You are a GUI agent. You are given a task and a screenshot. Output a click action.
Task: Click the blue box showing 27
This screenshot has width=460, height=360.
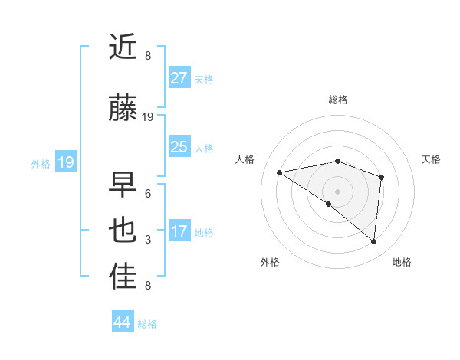coord(179,78)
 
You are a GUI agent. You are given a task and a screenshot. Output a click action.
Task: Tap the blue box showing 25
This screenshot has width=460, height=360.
coord(179,147)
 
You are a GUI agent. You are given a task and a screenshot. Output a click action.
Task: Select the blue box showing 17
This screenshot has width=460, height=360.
coord(179,231)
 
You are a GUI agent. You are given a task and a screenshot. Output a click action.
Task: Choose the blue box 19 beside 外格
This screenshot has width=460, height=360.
coord(65,162)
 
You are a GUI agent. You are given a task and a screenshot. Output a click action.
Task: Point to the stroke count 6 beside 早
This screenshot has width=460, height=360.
coord(147,193)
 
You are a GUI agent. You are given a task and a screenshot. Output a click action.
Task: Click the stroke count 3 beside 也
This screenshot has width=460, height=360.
coord(147,240)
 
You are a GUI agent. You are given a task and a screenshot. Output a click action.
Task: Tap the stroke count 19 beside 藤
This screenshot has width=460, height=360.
coord(148,117)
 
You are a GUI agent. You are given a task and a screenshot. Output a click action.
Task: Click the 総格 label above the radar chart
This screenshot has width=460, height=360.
coord(337,100)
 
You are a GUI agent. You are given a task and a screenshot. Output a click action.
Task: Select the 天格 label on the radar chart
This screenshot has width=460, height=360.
coord(431,159)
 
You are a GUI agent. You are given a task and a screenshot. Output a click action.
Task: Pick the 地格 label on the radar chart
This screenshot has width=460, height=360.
coord(402,262)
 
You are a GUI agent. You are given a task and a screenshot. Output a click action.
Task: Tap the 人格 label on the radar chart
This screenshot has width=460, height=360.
coord(245,159)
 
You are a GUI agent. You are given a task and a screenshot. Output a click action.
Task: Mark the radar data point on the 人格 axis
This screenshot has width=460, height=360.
coord(280,172)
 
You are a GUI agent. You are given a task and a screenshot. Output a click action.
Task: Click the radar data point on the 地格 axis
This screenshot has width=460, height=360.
coord(373,241)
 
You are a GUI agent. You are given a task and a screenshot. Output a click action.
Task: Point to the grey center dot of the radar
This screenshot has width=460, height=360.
coord(337,191)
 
